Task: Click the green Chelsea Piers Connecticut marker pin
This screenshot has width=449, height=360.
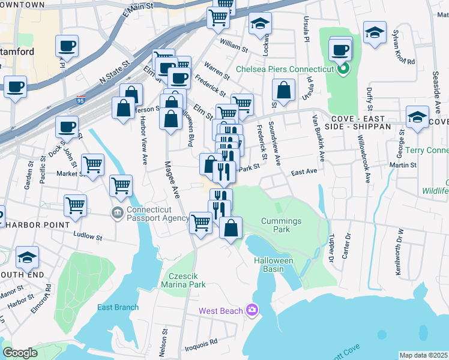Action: pyautogui.click(x=343, y=69)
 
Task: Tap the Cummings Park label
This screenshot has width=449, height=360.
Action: pyautogui.click(x=281, y=226)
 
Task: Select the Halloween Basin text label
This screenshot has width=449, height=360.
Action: pyautogui.click(x=273, y=265)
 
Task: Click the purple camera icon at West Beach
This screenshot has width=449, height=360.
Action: pyautogui.click(x=252, y=310)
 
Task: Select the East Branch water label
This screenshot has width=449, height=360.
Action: pyautogui.click(x=118, y=308)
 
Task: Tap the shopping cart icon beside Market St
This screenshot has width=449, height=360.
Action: pyautogui.click(x=92, y=164)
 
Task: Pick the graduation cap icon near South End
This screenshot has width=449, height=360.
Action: pyautogui.click(x=27, y=257)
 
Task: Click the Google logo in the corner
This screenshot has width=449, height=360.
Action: pyautogui.click(x=20, y=353)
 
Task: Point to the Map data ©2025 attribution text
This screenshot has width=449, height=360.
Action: pyautogui.click(x=423, y=355)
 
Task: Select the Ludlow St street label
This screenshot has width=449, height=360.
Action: pyautogui.click(x=88, y=236)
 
